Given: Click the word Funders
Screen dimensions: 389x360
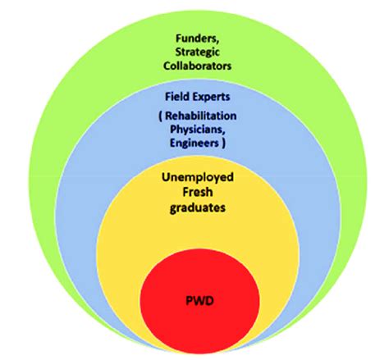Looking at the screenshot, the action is coord(197,39).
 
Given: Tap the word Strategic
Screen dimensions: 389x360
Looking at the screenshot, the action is coord(197,52).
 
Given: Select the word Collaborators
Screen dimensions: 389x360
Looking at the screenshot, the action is coord(197,66).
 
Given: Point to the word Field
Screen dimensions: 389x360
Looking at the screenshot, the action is coord(178,97).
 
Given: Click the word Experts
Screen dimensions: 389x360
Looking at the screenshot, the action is coord(212,97).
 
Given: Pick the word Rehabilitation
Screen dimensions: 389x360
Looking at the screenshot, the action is coord(201,116).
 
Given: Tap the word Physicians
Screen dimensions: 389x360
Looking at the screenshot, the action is coord(198,130).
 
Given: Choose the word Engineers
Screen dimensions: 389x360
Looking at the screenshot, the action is coord(194,143).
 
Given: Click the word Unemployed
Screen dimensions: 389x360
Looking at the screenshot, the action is coord(198,178).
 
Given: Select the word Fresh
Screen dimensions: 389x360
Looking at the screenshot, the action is coord(198,192).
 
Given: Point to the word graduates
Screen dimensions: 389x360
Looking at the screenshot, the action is coord(198,208).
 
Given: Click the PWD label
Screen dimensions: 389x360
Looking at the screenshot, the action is coord(199,301).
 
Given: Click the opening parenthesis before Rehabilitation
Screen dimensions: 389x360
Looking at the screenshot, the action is coord(160,116).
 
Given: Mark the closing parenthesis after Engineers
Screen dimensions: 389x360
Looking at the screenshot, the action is coord(223,144).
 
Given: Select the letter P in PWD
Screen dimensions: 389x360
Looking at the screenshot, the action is coord(190,301).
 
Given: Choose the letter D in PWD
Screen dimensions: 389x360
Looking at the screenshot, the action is coord(210,301).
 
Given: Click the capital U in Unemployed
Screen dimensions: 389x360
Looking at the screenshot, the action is coord(166,177).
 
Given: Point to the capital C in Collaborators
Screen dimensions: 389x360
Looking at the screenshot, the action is coord(167,66).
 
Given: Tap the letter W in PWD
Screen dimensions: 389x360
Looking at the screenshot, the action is coord(199,301).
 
